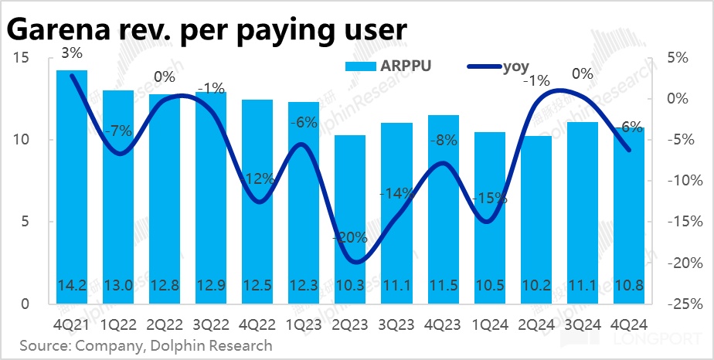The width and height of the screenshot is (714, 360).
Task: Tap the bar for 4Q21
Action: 72,185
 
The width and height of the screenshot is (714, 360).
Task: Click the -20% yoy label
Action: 350,238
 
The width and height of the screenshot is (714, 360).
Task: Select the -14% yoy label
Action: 396,193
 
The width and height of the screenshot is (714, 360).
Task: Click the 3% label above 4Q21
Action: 72,53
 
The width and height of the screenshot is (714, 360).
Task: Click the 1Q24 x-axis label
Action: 489,324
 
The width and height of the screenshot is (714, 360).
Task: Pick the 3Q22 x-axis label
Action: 211,324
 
